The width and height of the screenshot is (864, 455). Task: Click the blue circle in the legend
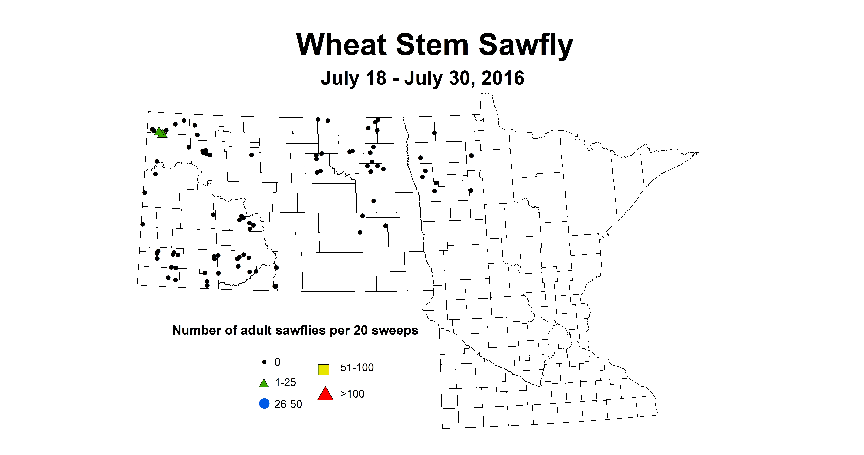pos(264,403)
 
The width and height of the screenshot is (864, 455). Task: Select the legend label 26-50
pos(288,404)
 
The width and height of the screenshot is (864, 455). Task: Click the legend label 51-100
pos(357,368)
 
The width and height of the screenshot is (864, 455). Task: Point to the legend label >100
pos(352,394)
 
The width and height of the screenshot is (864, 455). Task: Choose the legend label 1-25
pos(285,382)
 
